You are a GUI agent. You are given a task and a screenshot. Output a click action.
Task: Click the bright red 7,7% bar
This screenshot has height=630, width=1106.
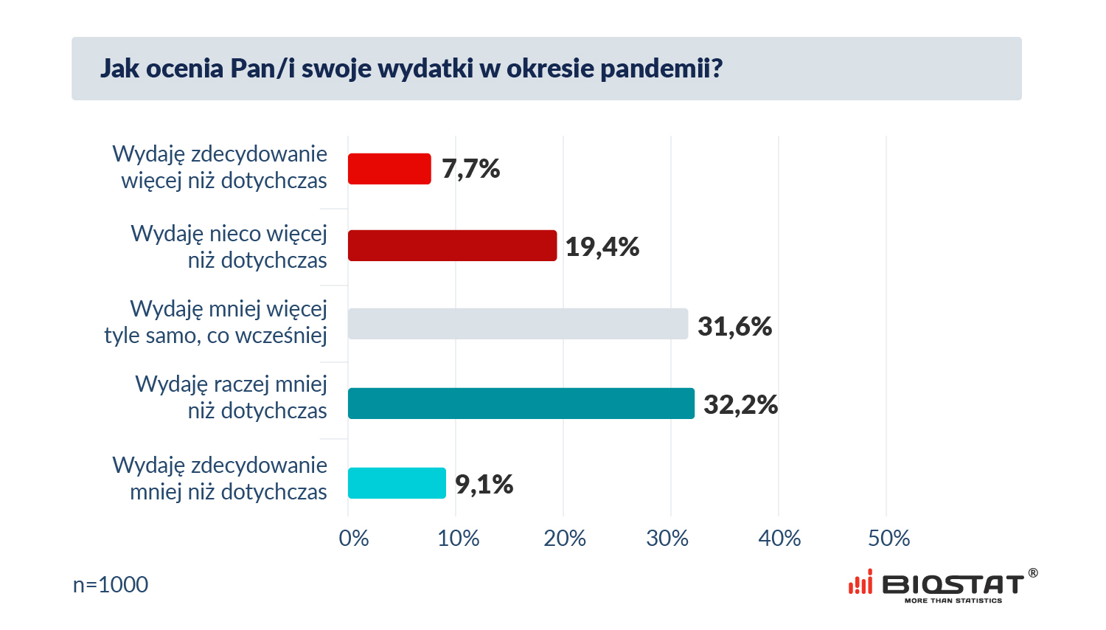[x=389, y=169]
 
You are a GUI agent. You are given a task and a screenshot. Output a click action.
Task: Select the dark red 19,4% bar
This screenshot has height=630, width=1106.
[x=452, y=246]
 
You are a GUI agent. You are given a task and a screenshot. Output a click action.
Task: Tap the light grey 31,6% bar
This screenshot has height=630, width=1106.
[x=518, y=324]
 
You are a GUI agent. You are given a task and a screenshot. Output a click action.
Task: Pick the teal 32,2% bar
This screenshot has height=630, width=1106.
[x=521, y=404]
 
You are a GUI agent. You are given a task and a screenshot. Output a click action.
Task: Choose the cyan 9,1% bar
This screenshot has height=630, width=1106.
[x=397, y=483]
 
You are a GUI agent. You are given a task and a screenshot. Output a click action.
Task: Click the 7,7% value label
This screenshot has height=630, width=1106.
[x=470, y=169]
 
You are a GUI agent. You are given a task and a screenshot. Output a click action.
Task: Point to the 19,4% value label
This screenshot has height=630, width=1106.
[x=602, y=246]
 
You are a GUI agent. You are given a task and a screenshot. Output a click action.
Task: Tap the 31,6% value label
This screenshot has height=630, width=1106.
[x=734, y=326]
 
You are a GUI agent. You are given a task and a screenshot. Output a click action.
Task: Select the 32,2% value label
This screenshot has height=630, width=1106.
[x=740, y=404]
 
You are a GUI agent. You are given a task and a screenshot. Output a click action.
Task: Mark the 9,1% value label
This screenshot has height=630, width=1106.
[x=484, y=484]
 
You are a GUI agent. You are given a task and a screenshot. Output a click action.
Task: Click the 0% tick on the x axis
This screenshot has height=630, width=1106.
[x=354, y=539]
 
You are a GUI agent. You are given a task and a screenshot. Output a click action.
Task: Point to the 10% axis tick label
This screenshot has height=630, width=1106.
[x=458, y=539]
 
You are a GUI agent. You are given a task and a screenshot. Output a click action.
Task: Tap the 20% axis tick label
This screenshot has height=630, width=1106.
[x=565, y=539]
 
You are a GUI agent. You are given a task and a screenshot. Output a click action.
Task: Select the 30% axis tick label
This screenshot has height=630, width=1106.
[x=667, y=539]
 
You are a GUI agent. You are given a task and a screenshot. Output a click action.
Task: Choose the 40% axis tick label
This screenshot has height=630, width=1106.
[x=779, y=539]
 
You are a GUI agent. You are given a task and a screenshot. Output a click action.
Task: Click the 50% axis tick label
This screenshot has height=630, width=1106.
[x=888, y=539]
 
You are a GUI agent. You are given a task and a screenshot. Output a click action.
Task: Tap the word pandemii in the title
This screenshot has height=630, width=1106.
[x=661, y=69]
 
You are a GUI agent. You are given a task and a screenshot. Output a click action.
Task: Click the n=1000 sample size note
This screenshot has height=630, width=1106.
[x=111, y=585]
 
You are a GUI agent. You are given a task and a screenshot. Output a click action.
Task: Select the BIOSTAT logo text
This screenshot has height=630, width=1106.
[x=953, y=585]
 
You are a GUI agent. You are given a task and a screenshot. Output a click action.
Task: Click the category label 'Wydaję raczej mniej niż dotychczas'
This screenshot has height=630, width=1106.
[x=232, y=398]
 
